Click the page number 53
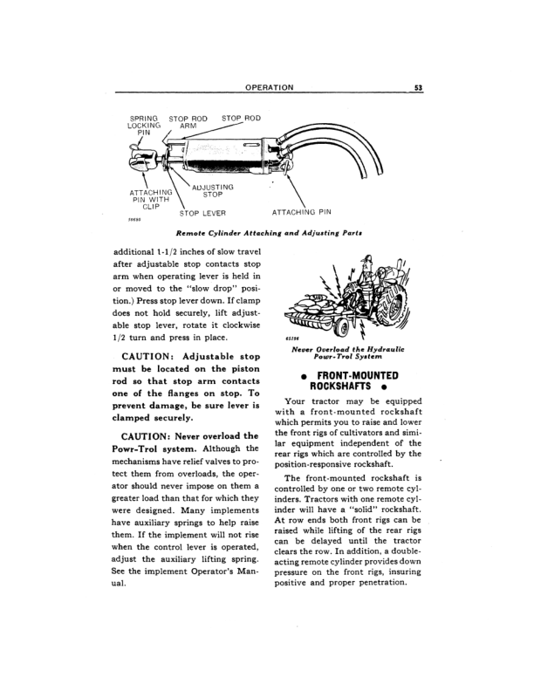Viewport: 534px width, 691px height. [419, 87]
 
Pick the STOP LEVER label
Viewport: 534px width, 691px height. [202, 212]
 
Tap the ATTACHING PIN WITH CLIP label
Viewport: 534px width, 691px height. [150, 200]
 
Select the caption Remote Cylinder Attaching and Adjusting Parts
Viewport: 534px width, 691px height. [269, 234]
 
